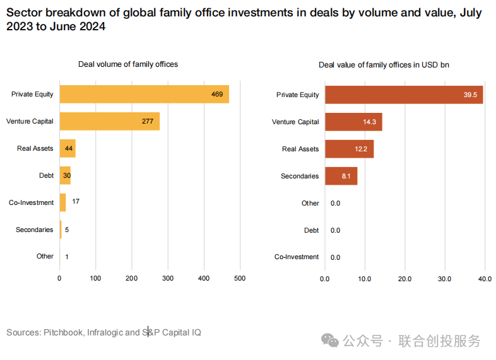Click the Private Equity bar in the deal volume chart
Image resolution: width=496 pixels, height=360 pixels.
click(145, 94)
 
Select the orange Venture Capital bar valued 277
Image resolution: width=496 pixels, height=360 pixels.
click(110, 122)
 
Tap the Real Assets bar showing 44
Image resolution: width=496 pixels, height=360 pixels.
click(68, 149)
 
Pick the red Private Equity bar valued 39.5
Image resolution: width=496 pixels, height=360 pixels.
click(404, 95)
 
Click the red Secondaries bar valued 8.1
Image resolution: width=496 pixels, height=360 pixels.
click(341, 176)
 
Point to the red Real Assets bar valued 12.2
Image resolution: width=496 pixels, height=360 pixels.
click(350, 149)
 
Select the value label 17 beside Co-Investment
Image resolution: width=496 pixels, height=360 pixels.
click(76, 201)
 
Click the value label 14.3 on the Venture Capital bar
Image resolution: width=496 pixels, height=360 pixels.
click(369, 122)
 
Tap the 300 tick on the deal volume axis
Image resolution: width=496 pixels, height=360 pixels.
click(168, 279)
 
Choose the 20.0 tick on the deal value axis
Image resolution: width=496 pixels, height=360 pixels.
click(404, 279)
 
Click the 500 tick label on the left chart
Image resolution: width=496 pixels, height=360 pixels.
click(240, 279)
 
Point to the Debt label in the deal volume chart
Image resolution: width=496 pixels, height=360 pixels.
click(46, 175)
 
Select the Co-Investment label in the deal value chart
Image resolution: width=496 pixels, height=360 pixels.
click(297, 257)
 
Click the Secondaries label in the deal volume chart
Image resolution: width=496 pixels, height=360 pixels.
click(35, 229)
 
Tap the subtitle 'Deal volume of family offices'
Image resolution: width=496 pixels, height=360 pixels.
click(128, 64)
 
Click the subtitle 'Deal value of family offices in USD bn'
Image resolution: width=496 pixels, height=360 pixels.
click(384, 65)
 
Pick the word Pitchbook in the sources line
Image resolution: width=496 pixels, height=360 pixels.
click(63, 332)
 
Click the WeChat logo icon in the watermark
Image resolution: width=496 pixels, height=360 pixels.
click(330, 340)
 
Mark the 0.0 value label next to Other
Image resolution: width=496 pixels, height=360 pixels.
click(335, 203)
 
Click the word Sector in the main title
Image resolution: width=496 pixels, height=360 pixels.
click(25, 13)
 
